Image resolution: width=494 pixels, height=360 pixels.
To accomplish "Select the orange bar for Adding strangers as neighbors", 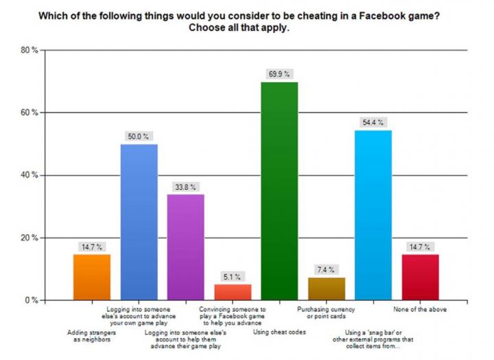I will (92, 277).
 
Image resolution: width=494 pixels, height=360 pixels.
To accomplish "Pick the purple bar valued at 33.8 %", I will (185, 247).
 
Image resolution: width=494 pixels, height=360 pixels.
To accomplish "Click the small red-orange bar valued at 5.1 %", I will (233, 292).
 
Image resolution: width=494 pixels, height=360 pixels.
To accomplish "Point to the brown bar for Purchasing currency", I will (326, 289).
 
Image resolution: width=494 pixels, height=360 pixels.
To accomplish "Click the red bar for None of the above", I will (420, 277).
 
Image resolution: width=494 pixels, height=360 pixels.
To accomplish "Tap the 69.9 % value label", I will (279, 74).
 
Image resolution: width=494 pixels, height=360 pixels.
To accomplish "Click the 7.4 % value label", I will (326, 269).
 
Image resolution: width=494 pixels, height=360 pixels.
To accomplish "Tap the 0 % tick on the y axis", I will (31, 300).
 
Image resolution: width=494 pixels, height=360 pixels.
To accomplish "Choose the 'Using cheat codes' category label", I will (279, 332).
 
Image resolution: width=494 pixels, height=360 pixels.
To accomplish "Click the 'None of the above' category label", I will (420, 309).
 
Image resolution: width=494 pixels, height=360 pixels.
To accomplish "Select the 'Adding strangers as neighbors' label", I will (92, 336).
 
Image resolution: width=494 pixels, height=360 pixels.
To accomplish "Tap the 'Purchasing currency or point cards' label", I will (326, 313).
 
